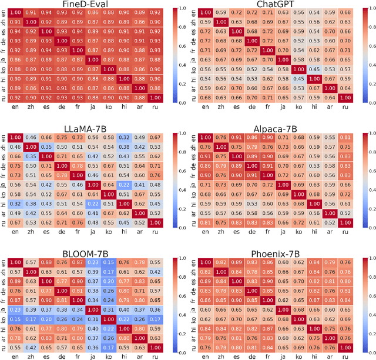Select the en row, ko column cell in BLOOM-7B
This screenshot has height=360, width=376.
coord(108,262)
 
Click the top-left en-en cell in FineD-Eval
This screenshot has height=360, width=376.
coord(16,13)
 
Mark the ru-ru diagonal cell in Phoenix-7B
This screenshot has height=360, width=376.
coord(344,346)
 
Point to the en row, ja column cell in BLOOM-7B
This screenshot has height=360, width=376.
coord(92,262)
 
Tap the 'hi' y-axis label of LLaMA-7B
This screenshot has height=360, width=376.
coord(4,204)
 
